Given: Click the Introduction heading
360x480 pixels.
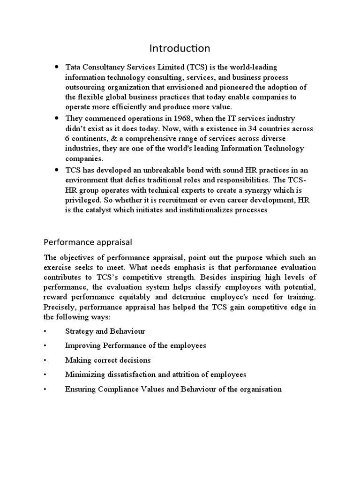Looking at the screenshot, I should (180, 48).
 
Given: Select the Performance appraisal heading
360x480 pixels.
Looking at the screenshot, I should (88, 242).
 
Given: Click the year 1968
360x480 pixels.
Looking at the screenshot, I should (171, 119).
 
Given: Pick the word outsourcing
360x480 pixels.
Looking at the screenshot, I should (86, 87).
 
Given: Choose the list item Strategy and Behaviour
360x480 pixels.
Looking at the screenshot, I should (105, 331).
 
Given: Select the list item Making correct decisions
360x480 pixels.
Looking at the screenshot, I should (108, 360).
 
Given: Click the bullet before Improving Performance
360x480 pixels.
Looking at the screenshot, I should (45, 346).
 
